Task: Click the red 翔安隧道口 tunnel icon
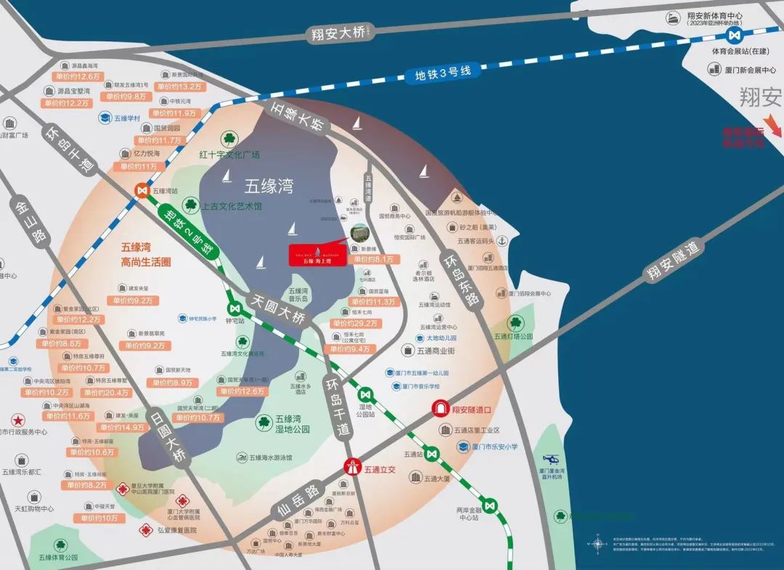440,409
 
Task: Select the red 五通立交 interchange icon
352,465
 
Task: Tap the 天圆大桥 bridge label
279,309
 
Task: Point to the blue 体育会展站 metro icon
736,35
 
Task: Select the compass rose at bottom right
597,542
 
